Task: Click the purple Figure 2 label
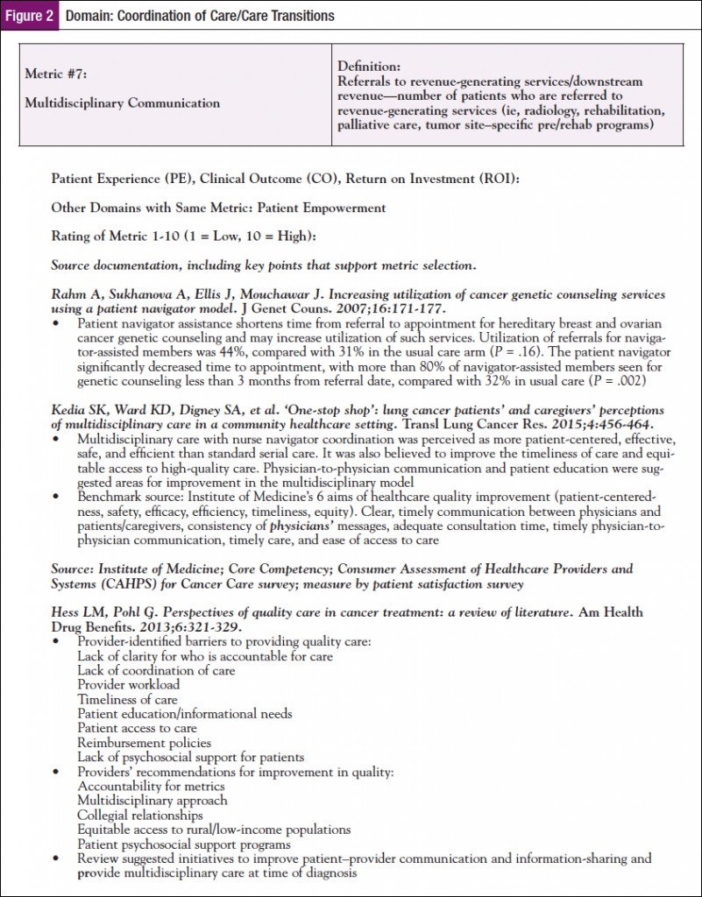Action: coord(30,16)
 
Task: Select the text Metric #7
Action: coord(54,74)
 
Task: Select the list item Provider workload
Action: coord(128,684)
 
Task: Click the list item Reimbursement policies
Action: coord(143,742)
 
